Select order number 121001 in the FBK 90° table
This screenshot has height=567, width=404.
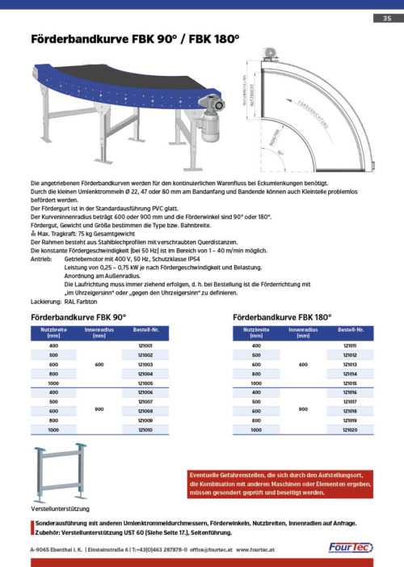(x=146, y=345)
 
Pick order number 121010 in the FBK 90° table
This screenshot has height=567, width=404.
(x=146, y=430)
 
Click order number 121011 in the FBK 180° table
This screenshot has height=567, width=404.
(x=350, y=345)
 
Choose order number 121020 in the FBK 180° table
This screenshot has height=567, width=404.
(x=350, y=430)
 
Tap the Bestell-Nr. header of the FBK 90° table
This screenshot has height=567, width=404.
(x=146, y=332)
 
